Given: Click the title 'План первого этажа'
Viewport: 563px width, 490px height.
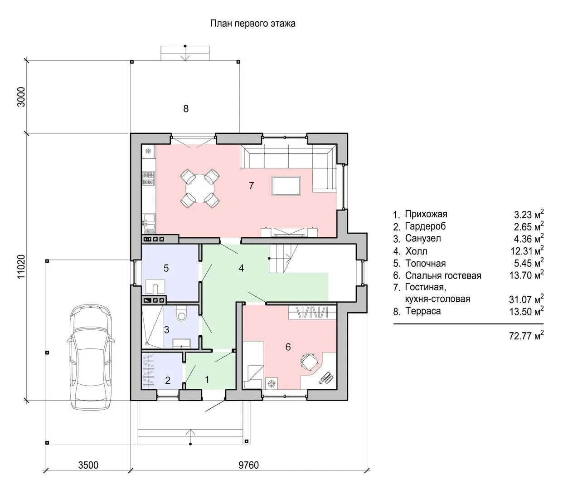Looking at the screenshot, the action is click(x=252, y=24).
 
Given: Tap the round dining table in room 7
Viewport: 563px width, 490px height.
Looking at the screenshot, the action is click(x=200, y=189).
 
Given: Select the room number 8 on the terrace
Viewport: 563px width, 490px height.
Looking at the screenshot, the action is click(x=186, y=109).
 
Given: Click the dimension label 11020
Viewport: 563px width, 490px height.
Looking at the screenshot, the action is click(x=21, y=267).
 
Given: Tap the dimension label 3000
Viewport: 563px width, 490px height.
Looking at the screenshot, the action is click(x=21, y=97).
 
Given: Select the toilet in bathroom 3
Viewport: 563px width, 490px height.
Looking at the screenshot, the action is click(x=181, y=314).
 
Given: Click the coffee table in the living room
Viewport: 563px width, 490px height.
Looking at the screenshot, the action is click(x=286, y=186).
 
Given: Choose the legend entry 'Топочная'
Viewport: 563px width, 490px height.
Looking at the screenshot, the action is click(x=425, y=263).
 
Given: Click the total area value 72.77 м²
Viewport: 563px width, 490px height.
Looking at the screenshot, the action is click(x=526, y=335).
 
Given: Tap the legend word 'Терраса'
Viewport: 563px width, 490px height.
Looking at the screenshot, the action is click(x=422, y=311).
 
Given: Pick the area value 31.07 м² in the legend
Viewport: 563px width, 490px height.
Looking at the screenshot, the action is click(x=526, y=299).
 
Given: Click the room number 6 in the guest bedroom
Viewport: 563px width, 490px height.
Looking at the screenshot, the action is click(x=288, y=347).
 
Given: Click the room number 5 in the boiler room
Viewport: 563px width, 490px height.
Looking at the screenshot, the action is click(x=166, y=268).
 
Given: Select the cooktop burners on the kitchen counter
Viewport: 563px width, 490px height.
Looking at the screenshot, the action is click(x=148, y=178).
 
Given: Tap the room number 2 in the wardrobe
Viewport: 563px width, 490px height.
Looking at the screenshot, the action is click(x=168, y=380).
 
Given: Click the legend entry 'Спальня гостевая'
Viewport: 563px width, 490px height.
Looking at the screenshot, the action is click(x=443, y=276).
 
